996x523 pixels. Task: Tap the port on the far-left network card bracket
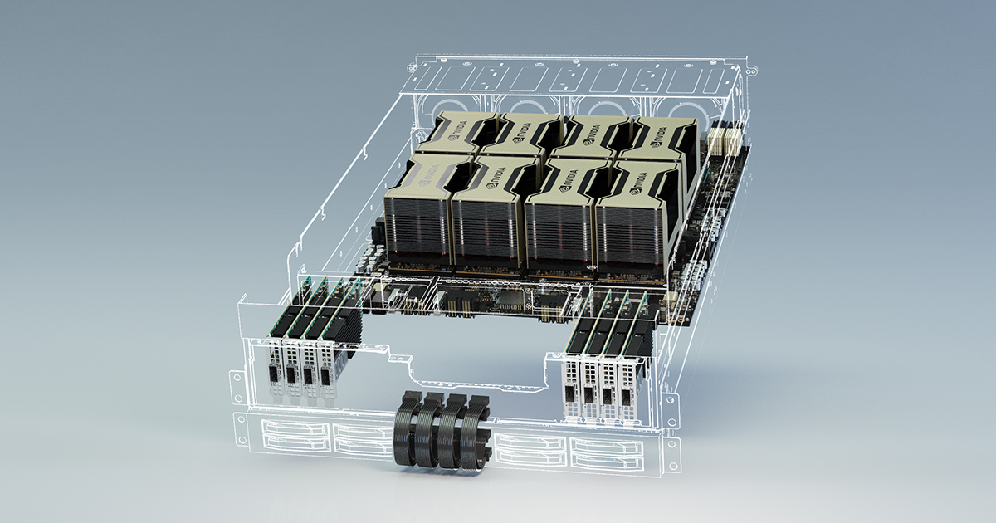click(x=271, y=374)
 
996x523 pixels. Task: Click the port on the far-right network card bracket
click(x=627, y=398)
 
